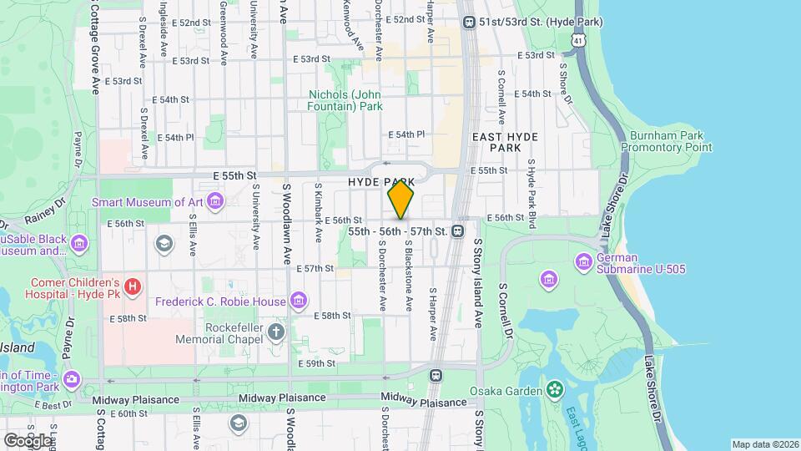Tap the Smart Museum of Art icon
coord(216,201)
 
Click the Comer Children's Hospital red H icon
coord(132,288)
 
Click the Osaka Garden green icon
coord(554,390)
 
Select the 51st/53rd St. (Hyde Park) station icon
coord(468,23)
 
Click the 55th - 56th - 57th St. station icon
coord(458,231)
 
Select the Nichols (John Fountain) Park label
coord(345,100)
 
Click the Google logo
coord(28,440)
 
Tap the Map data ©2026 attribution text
coord(764,444)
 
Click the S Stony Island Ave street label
coord(479,283)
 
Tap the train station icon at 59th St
coord(436,376)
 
